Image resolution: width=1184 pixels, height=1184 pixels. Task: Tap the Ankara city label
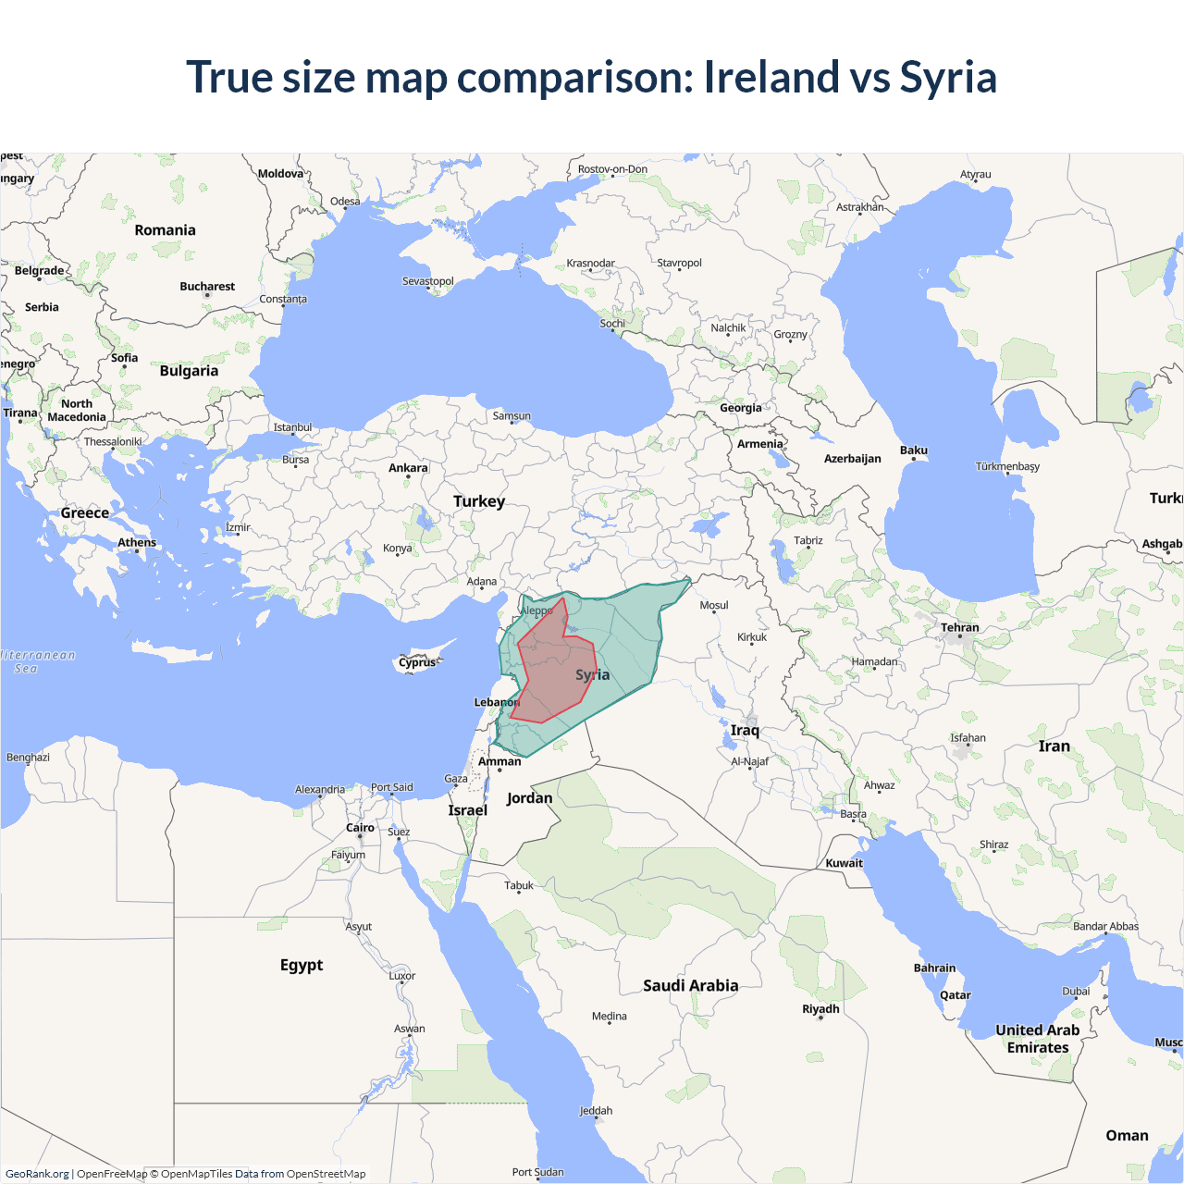(408, 468)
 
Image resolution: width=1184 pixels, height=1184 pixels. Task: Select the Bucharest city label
(207, 287)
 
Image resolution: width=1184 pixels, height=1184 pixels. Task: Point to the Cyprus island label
(417, 662)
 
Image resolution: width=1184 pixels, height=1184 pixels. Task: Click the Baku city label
(914, 450)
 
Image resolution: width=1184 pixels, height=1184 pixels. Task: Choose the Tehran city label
(960, 627)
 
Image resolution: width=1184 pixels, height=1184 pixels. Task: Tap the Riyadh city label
(820, 1009)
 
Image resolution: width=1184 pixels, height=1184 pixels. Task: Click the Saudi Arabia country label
(691, 986)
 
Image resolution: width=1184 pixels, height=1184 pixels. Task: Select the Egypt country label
(302, 965)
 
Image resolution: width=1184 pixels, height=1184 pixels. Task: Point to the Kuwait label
(844, 863)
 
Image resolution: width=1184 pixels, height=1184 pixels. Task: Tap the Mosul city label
(714, 606)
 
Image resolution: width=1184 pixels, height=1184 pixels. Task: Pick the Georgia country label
(741, 408)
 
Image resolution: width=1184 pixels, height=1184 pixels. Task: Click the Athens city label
(137, 543)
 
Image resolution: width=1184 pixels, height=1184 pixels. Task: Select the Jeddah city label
(596, 1111)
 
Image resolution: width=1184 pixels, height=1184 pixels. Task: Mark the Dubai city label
(1076, 992)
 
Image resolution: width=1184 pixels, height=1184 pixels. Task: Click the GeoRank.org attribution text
(37, 1174)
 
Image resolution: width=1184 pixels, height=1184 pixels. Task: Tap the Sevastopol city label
(427, 281)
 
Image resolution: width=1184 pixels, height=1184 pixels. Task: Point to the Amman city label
(499, 762)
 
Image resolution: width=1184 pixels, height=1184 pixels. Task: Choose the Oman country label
(1127, 1136)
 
